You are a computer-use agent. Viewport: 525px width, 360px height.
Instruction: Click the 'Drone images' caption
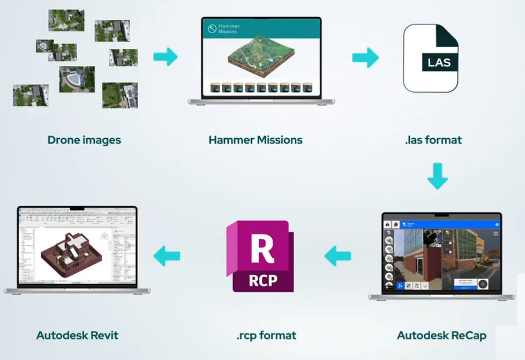pyautogui.click(x=84, y=140)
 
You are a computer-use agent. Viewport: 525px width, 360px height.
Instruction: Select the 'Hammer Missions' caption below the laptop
pyautogui.click(x=256, y=140)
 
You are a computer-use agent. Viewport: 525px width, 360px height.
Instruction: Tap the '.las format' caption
pyautogui.click(x=433, y=140)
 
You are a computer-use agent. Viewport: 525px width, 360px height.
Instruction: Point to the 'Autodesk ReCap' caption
pyautogui.click(x=441, y=336)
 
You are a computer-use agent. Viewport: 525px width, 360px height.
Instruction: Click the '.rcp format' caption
pyautogui.click(x=266, y=336)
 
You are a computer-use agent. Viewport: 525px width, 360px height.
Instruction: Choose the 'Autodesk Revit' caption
pyautogui.click(x=77, y=336)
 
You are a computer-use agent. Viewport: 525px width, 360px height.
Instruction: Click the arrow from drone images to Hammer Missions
pyautogui.click(x=166, y=57)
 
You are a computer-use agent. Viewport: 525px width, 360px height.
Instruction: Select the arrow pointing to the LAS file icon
pyautogui.click(x=365, y=57)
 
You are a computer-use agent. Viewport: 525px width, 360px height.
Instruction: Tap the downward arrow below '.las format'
pyautogui.click(x=437, y=176)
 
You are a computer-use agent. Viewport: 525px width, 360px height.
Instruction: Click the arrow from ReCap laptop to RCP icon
pyautogui.click(x=337, y=256)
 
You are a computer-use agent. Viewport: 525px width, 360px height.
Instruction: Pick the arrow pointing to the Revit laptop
pyautogui.click(x=167, y=256)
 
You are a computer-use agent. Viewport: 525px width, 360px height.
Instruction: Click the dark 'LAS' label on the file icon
pyautogui.click(x=439, y=63)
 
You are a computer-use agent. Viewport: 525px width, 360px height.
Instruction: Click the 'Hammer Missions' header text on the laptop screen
pyautogui.click(x=229, y=29)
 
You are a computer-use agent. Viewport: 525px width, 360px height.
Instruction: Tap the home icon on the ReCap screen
pyautogui.click(x=387, y=224)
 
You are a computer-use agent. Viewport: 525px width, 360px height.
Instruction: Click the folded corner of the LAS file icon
pyautogui.click(x=449, y=33)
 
